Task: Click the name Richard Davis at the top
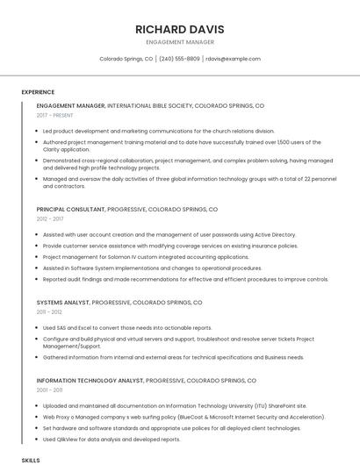coord(179,29)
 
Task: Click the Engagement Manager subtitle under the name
coord(179,41)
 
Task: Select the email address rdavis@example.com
coord(233,59)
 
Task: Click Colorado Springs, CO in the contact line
coord(126,59)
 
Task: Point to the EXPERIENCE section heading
coord(38,92)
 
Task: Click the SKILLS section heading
coord(31,460)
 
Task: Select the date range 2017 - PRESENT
coord(55,115)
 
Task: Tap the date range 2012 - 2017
coord(49,220)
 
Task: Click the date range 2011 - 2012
coord(48,311)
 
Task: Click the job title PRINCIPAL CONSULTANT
coord(70,211)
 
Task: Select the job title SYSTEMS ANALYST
coord(62,302)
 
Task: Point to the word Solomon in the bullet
coord(114,257)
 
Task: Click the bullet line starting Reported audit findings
coord(184,279)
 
